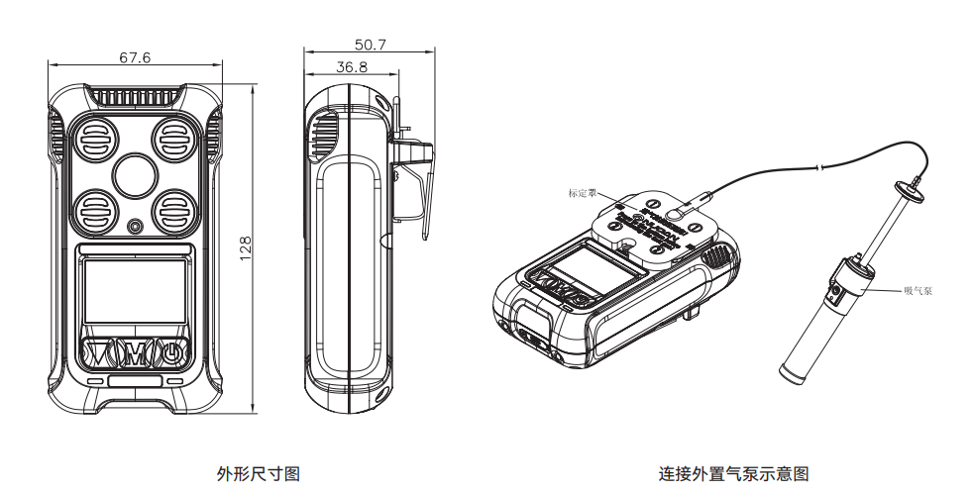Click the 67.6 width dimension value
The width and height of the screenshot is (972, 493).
coord(135,57)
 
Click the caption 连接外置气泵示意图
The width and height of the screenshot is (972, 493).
coord(733,473)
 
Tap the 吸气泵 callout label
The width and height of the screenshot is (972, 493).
coord(918,291)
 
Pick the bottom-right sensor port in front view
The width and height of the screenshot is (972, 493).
coord(176,209)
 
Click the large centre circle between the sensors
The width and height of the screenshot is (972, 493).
coord(136,175)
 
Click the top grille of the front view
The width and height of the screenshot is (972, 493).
coord(136,98)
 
